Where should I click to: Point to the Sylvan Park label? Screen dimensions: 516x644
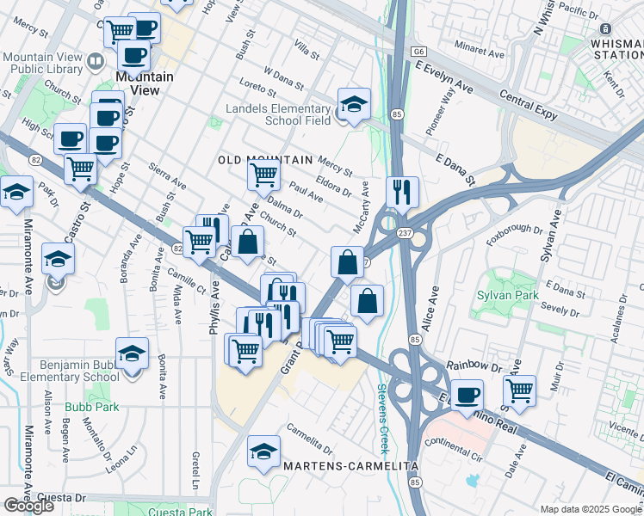point(507,296)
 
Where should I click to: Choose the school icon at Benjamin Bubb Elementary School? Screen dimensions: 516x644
point(133,353)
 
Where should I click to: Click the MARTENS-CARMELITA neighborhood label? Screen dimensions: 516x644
point(350,466)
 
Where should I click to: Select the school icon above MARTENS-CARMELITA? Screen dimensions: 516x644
point(263,451)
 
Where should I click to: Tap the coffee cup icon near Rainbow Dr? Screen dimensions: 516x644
point(468,394)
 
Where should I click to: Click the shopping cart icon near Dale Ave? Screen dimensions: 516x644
point(519,390)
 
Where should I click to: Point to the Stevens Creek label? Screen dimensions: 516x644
point(383,419)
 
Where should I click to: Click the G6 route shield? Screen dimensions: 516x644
point(419,52)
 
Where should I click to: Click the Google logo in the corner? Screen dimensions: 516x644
point(28,506)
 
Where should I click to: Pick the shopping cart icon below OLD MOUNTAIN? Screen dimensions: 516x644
point(263,175)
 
